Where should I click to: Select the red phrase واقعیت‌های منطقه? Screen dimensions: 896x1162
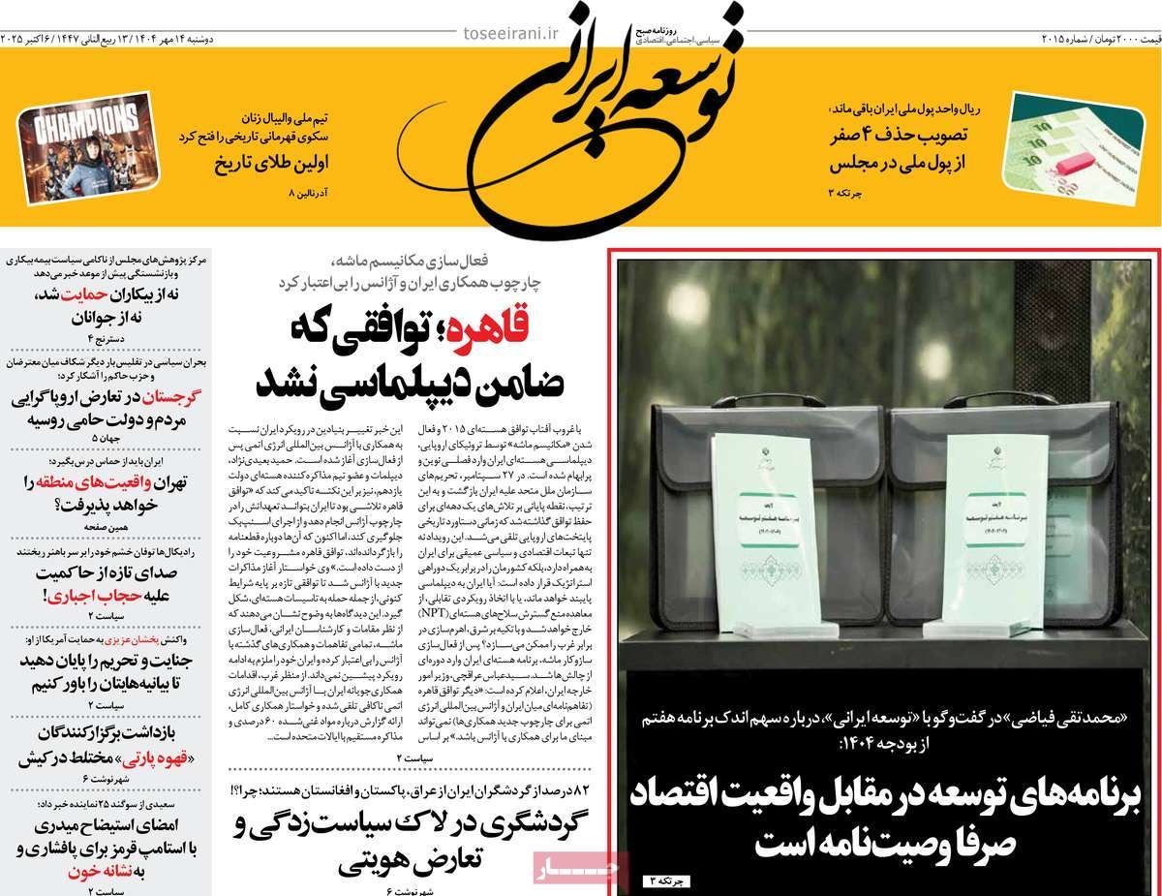point(101,480)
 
